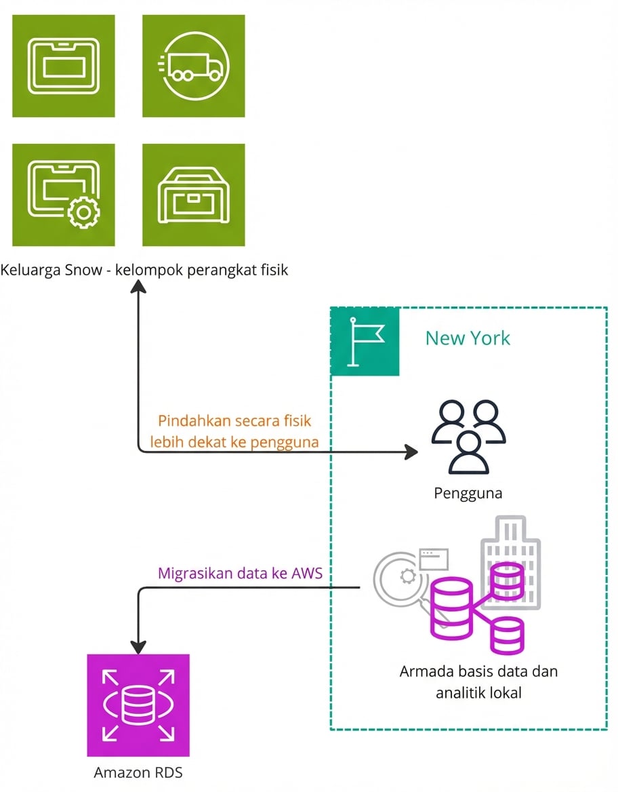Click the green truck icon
(193, 66)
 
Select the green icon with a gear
(64, 195)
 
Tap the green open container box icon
(193, 195)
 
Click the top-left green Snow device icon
(64, 66)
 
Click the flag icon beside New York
(365, 341)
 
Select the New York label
(468, 338)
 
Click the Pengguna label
(468, 493)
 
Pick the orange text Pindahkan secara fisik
(234, 420)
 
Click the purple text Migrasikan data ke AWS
(240, 573)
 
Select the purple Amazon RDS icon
(138, 705)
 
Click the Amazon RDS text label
(138, 772)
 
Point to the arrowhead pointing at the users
(411, 451)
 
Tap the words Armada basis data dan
(478, 672)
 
